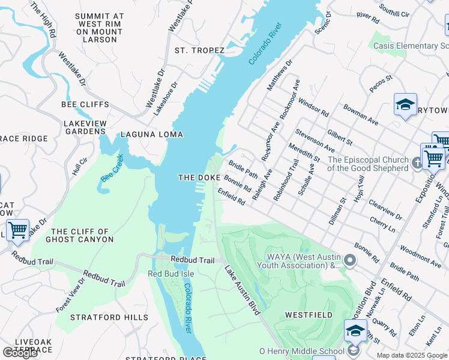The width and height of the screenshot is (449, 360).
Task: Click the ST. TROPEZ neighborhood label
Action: click(x=199, y=50)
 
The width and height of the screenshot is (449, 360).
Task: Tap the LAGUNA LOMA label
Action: click(x=152, y=134)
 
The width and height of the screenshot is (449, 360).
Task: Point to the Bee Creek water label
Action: click(x=112, y=169)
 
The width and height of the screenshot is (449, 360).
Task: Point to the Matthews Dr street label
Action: click(x=279, y=75)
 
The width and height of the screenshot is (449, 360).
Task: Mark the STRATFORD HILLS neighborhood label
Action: click(x=109, y=317)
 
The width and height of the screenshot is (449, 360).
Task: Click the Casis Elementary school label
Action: click(x=411, y=46)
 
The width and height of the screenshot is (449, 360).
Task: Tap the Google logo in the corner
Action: click(x=20, y=353)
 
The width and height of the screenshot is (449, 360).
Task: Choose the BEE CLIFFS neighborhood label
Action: click(x=84, y=104)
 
